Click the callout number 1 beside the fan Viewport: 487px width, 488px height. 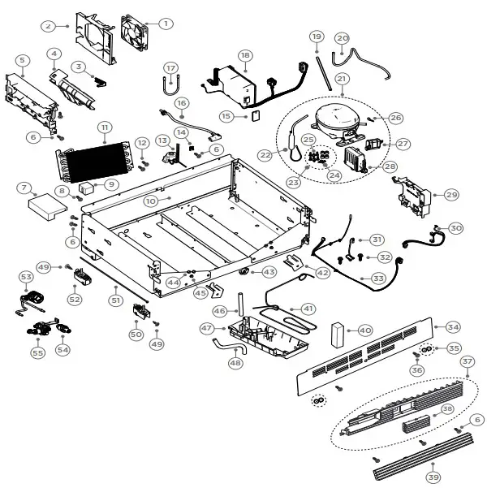pos(166,24)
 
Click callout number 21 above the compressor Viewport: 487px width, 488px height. pos(342,79)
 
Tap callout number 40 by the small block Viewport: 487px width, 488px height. pos(365,330)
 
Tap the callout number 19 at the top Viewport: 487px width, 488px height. pos(317,37)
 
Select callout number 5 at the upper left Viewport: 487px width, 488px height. pos(22,60)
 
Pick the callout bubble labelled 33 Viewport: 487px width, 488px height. pos(377,278)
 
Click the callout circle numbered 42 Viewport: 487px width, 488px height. pos(323,273)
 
